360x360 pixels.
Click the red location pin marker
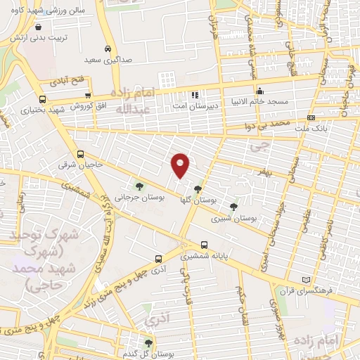point(181,165)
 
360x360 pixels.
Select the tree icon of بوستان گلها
point(198,188)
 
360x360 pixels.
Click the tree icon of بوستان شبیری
point(233,206)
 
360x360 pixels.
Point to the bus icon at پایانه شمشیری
point(204,245)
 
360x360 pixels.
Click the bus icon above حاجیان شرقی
point(80,154)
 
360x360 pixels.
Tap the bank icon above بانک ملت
point(311,117)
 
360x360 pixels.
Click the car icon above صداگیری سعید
point(107,49)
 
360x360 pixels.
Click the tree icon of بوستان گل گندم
point(148,342)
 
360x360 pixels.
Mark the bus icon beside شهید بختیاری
point(43,99)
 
